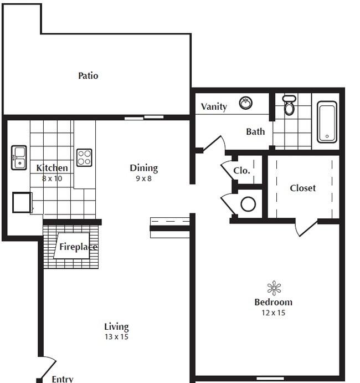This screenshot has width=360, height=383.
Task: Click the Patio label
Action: [x=88, y=75]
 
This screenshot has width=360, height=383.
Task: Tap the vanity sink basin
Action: [x=245, y=103]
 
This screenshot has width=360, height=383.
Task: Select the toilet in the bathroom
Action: [x=289, y=105]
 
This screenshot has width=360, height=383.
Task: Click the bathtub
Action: [x=327, y=121]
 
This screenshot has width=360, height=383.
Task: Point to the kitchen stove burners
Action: [x=84, y=157]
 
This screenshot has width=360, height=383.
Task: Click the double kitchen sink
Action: [x=19, y=157]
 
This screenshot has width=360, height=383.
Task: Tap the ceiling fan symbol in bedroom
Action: [x=274, y=288]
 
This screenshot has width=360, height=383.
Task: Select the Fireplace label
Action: [x=78, y=247]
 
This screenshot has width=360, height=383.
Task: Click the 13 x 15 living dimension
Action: [x=116, y=336]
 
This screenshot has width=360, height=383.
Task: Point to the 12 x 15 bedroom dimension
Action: [x=273, y=313]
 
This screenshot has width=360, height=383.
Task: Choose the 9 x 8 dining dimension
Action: [x=143, y=178]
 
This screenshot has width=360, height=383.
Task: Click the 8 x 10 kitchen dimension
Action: [x=52, y=178]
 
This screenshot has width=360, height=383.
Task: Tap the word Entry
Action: [x=62, y=379]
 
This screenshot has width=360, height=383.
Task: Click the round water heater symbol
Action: [x=248, y=204]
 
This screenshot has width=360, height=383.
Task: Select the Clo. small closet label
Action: [x=241, y=171]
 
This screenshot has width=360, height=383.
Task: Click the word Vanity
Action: [x=214, y=106]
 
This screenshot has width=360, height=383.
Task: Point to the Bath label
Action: [x=255, y=131]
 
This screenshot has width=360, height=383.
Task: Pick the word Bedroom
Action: [x=273, y=302]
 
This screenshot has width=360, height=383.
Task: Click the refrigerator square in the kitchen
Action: [x=22, y=202]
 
